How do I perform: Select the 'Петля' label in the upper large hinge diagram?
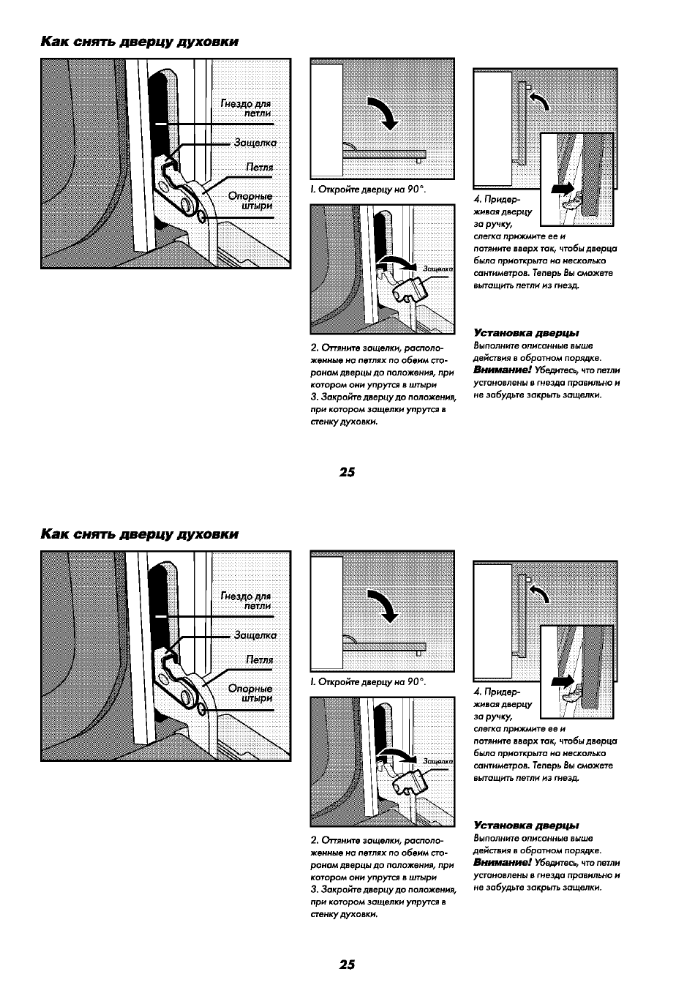pyautogui.click(x=260, y=168)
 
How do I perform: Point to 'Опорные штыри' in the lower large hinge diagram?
pyautogui.click(x=250, y=693)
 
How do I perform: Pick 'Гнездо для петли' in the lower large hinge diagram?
pyautogui.click(x=246, y=601)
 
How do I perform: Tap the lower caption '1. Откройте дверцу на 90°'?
pyautogui.click(x=368, y=682)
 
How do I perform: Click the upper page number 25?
pyautogui.click(x=347, y=472)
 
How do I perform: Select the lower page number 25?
pyautogui.click(x=347, y=965)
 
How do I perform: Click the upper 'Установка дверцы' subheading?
pyautogui.click(x=526, y=333)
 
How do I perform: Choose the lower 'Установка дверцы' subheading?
pyautogui.click(x=526, y=826)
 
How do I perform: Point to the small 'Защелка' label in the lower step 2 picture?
pyautogui.click(x=438, y=762)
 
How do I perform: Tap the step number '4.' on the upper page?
pyautogui.click(x=478, y=199)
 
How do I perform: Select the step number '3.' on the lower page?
pyautogui.click(x=314, y=889)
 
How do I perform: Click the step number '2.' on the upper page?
pyautogui.click(x=314, y=348)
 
